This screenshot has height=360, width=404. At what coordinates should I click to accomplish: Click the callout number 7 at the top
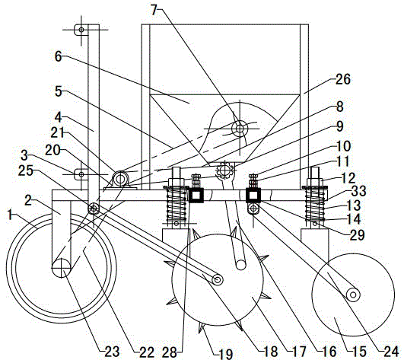154,10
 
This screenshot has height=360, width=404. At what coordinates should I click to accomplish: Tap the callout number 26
342,79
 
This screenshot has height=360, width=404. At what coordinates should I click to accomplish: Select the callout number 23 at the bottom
112,352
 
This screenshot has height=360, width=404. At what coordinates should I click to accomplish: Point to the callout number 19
225,353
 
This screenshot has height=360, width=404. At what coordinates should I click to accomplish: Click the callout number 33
358,191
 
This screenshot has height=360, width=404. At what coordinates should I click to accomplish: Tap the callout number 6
59,56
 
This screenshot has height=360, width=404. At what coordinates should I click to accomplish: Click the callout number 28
170,352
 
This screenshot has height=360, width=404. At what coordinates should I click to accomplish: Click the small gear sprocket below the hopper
225,169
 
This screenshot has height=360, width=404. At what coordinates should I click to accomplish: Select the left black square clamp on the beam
196,195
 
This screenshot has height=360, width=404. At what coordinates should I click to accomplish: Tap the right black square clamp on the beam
253,195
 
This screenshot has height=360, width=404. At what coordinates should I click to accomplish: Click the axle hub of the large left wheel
61,268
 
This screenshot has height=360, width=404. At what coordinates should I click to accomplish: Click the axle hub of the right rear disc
353,295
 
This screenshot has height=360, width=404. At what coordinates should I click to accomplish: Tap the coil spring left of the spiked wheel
177,205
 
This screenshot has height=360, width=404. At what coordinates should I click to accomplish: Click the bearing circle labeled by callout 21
119,178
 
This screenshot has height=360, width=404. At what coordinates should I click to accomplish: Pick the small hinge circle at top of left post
81,30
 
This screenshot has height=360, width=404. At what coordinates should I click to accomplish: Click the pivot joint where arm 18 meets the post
94,209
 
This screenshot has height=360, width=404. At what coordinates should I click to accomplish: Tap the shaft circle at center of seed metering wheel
240,128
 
